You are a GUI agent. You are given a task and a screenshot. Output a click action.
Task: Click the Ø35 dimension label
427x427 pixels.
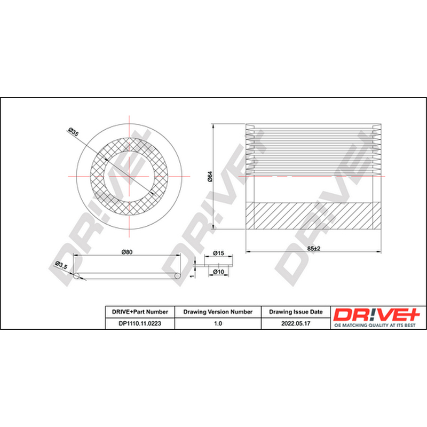pos(73,132)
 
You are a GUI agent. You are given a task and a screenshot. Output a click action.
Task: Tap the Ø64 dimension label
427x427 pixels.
pos(210,177)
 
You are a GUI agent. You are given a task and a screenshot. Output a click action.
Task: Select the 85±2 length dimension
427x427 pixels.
pos(314,248)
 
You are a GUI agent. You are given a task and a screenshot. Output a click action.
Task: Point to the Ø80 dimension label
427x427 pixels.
pos(127,252)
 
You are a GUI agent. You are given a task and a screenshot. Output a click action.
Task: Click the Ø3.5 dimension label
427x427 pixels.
pos(61,265)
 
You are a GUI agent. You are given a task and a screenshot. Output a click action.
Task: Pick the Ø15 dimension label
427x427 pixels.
pos(218,253)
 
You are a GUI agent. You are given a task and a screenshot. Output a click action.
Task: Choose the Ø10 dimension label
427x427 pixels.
pos(218,272)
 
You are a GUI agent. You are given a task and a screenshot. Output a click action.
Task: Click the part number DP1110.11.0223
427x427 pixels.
pos(140,323)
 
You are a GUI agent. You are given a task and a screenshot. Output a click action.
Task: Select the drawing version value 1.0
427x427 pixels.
pos(218,323)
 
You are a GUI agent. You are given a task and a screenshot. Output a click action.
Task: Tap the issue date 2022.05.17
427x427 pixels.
pos(296,323)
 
